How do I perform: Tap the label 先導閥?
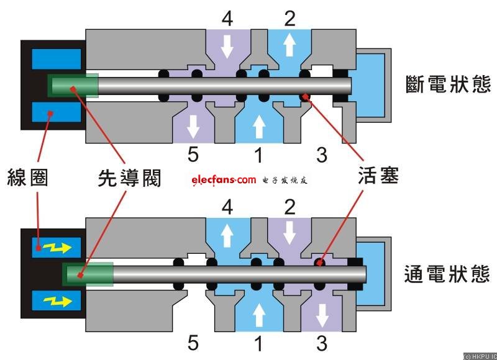pos(129,178)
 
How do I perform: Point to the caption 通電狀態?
pos(447,274)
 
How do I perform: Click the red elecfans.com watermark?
pos(224,180)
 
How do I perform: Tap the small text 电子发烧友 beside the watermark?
pos(286,181)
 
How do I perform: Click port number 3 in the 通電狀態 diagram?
pos(321,342)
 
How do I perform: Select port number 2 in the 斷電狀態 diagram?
pos(290,19)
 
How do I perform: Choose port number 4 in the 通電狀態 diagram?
pos(227,207)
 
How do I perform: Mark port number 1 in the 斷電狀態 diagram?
pos(257,154)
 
